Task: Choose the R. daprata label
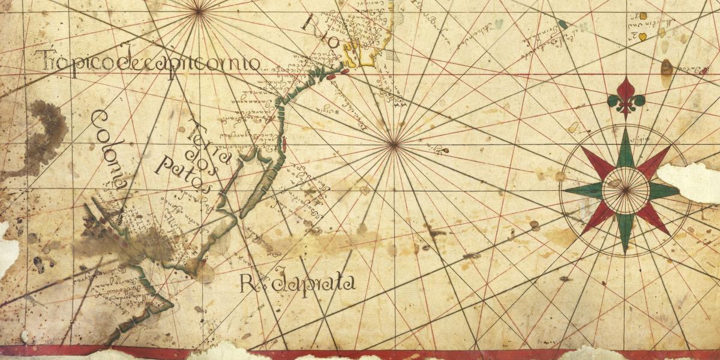[298, 283]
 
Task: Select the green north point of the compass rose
[626, 147]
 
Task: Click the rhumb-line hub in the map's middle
[394, 143]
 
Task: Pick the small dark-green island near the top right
[562, 25]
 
